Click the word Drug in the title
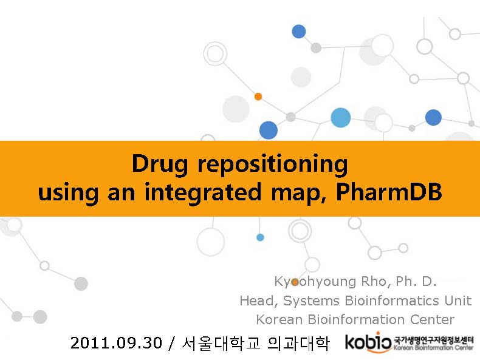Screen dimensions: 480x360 [159, 165]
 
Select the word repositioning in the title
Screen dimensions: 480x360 [273, 165]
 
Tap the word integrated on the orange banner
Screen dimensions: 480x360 [204, 192]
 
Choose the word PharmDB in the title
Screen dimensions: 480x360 [389, 191]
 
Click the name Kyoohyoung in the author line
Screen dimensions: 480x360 [315, 282]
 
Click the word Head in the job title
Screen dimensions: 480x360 [259, 301]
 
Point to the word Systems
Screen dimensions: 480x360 [311, 301]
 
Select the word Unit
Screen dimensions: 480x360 [458, 300]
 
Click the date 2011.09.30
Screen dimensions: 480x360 [116, 342]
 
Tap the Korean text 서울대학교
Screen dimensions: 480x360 [221, 343]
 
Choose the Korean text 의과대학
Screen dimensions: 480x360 [298, 343]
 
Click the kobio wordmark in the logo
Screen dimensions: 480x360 [368, 342]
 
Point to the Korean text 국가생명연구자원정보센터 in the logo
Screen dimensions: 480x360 [433, 339]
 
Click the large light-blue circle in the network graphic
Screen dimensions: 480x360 [340, 117]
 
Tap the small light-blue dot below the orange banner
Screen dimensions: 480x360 [260, 237]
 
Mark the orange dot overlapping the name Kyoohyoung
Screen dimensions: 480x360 [295, 282]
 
